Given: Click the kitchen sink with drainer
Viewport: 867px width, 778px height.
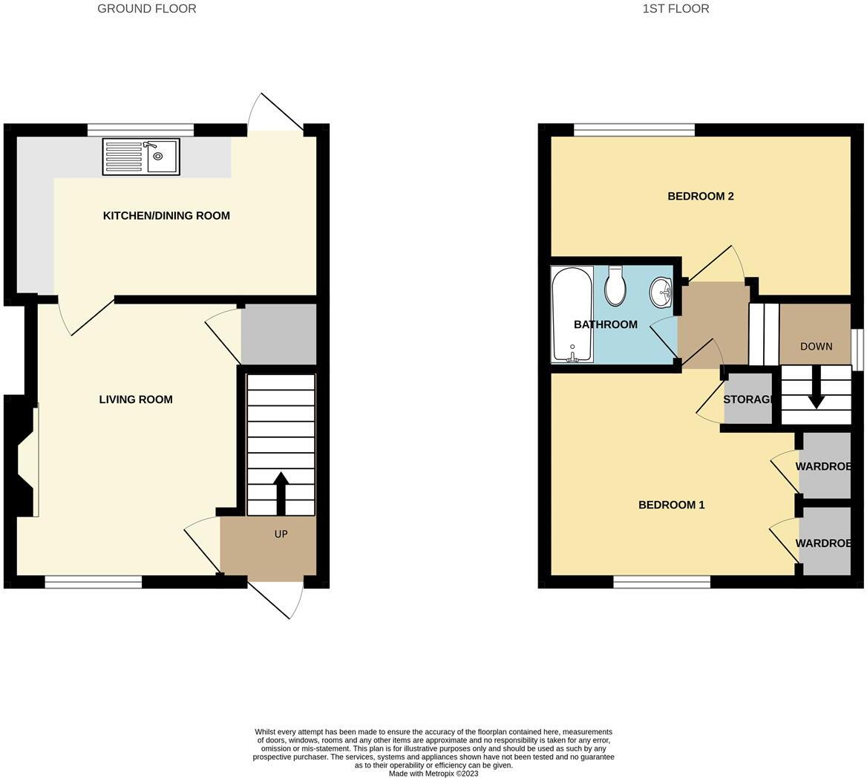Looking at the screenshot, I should pos(141,157).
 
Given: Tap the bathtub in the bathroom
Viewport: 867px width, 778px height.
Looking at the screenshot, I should pos(572,315).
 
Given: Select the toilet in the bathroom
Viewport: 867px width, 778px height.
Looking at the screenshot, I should pos(615,287).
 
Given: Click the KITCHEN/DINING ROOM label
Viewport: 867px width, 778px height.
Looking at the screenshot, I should pos(166,216).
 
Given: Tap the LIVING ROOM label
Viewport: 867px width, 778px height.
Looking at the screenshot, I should pos(136,399).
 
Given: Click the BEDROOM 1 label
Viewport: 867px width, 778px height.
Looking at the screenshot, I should pos(672,505).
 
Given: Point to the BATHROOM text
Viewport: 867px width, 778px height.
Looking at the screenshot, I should pos(606,324).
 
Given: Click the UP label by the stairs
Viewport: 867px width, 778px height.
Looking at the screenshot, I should pos(281,534).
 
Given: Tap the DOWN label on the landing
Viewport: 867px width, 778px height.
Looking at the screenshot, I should pos(816,346).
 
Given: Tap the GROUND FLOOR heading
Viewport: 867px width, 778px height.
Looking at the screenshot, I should pos(147,9).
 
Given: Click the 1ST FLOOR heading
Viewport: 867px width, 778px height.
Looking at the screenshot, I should pos(675,9).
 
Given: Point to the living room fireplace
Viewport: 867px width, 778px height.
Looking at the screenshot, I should pos(25,460).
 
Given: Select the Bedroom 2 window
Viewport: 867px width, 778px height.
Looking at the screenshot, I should pos(634,131).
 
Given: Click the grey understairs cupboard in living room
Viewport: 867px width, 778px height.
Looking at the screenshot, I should pos(278,334).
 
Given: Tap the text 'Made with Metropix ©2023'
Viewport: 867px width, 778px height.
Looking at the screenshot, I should pos(433,773).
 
